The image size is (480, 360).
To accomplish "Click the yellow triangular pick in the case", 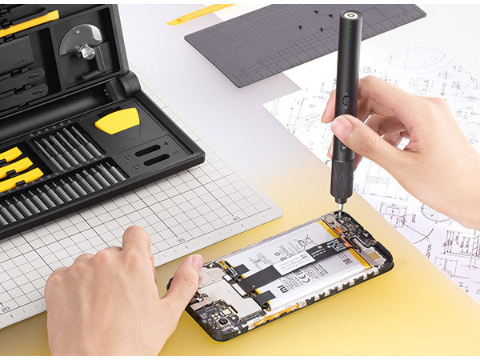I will [x=118, y=122].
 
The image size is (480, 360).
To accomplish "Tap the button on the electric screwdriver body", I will [x=346, y=102].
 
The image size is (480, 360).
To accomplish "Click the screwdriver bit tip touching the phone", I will [x=338, y=212].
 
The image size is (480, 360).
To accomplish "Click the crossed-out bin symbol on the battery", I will [x=304, y=238].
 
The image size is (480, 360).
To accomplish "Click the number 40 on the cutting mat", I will [x=235, y=218].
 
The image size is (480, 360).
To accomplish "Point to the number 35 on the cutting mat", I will [x=180, y=240].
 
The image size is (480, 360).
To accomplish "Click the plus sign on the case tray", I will [x=166, y=142].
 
